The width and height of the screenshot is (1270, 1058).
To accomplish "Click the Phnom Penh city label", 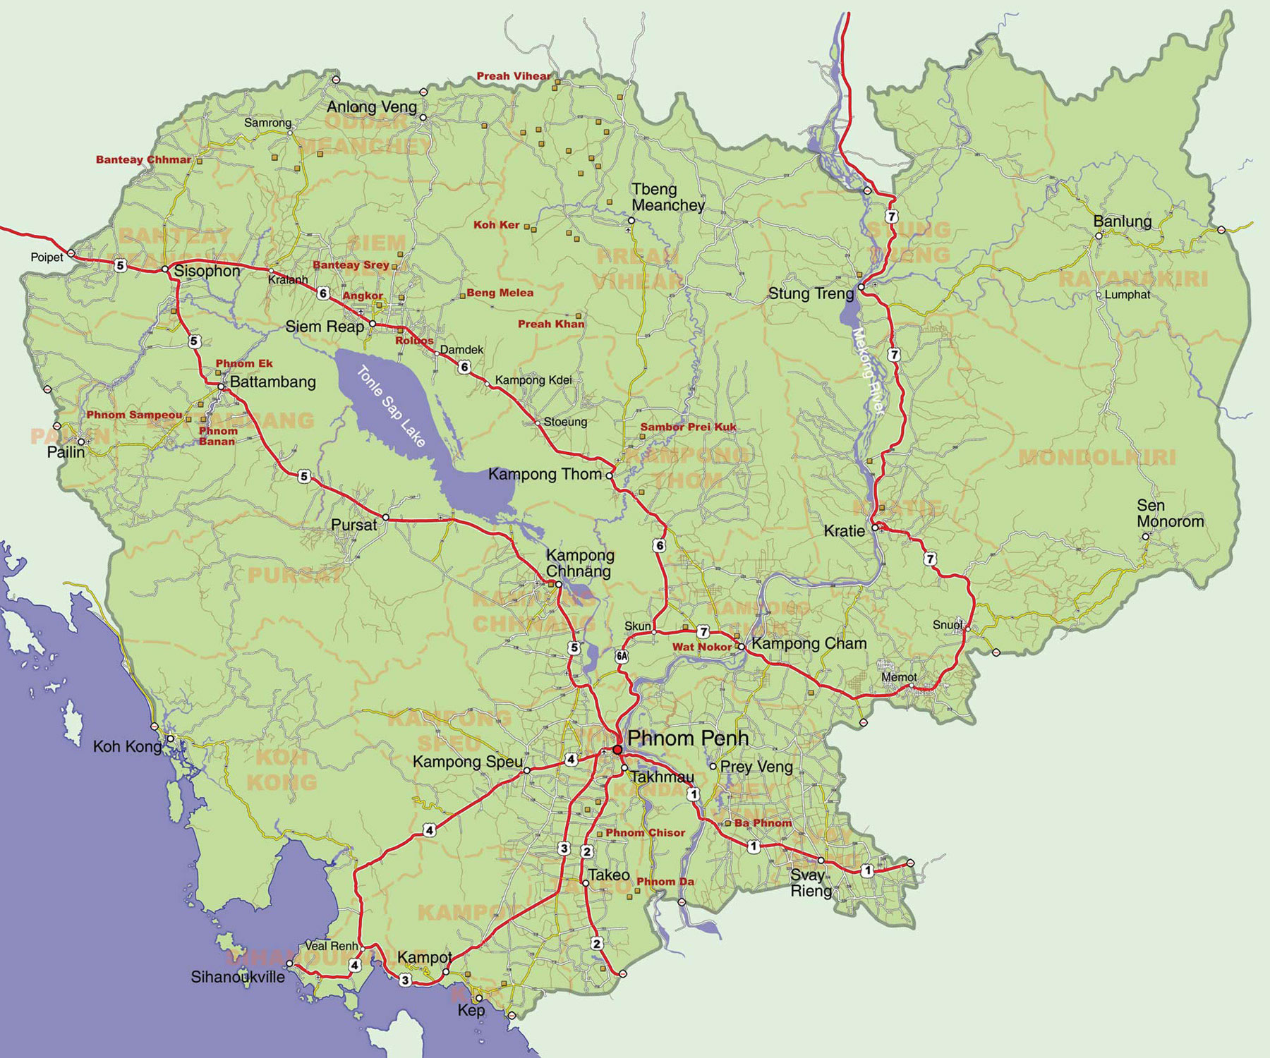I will [687, 738].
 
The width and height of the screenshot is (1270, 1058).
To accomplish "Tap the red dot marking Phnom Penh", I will [617, 749].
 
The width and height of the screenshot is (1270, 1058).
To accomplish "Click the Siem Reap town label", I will [325, 327].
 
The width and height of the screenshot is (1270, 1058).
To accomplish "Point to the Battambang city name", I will [273, 382].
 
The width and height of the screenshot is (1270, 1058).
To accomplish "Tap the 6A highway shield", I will [622, 655].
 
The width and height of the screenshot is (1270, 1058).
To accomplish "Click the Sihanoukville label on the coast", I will [238, 977].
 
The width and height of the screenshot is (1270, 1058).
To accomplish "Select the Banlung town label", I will [1122, 221].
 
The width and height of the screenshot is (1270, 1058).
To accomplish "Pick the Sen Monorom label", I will [1170, 513].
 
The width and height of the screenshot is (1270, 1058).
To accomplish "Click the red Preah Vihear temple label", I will [513, 76].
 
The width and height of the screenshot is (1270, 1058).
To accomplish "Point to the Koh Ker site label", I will [496, 225].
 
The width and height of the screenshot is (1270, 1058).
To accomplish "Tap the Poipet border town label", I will [47, 257].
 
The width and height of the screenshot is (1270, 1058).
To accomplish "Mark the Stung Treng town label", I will [811, 293].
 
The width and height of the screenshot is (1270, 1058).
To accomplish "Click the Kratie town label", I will [844, 531].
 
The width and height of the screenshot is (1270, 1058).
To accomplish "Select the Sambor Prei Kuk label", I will [688, 427].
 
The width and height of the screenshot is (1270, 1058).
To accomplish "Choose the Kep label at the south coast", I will [471, 1010].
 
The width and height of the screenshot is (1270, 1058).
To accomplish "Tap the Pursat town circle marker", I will [385, 517].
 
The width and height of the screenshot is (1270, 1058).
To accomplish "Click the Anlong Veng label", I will [372, 107].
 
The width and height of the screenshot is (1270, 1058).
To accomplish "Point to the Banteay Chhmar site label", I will [143, 160].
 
